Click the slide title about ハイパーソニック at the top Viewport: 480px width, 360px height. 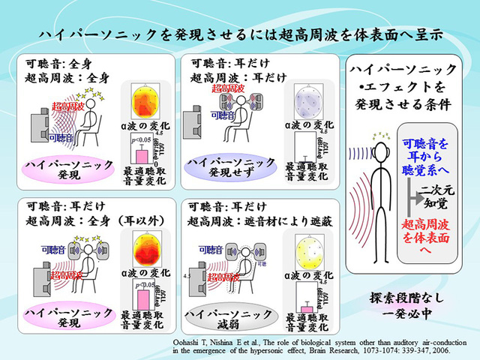239,35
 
